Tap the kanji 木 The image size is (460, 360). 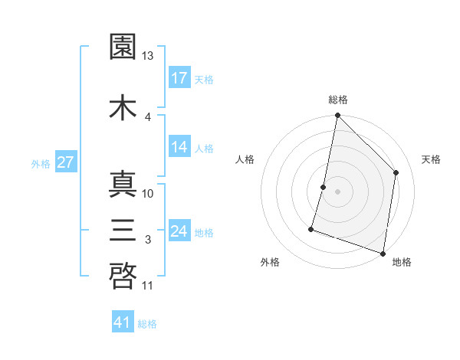tap(123, 107)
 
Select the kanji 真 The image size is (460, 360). tap(123, 185)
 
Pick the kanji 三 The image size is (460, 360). tap(123, 231)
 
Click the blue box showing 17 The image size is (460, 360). tap(179, 77)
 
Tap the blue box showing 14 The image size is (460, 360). tap(179, 147)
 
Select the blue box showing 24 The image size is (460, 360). tap(179, 231)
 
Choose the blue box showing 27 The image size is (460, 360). tap(65, 162)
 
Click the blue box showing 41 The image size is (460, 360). tap(123, 322)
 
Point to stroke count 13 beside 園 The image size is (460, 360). tap(148, 56)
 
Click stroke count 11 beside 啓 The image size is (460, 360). tap(148, 286)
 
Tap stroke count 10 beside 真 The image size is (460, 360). tap(148, 193)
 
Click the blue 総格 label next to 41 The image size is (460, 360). tap(147, 324)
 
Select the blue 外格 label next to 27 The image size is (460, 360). tap(41, 163)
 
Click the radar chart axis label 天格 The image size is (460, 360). tap(431, 159)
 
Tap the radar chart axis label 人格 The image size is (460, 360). tap(245, 159)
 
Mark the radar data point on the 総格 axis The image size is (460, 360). tap(337, 116)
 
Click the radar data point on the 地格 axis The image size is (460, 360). tap(383, 253)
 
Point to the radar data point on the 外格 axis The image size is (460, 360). tap(311, 228)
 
